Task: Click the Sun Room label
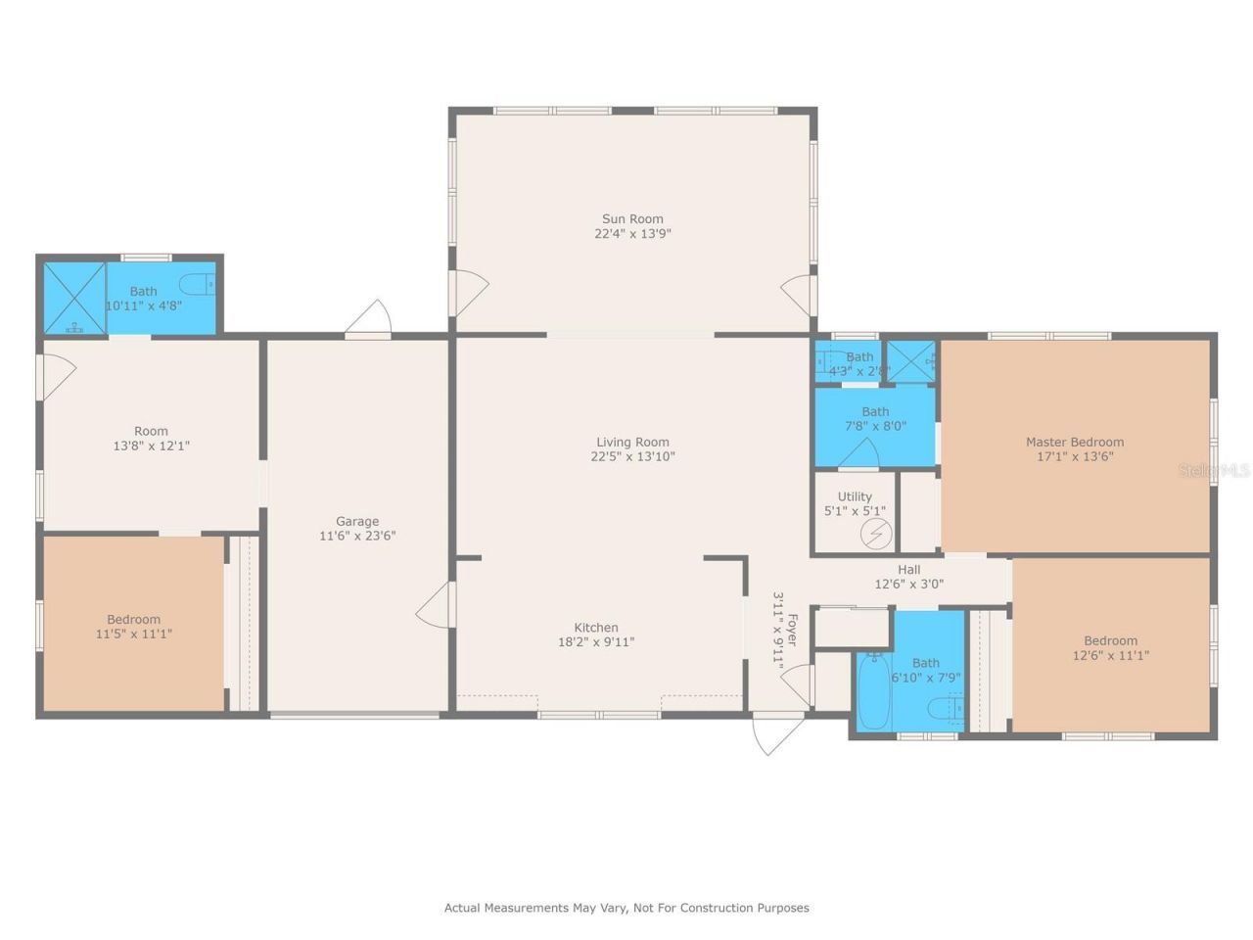tap(631, 219)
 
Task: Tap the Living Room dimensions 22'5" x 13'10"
tap(632, 456)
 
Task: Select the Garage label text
tap(356, 521)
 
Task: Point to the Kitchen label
tap(595, 628)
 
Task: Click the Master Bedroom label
tap(1074, 442)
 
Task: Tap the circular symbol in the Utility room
tap(876, 535)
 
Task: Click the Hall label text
tap(908, 570)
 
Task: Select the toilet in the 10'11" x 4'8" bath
tap(203, 284)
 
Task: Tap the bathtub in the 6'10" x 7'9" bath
tap(871, 690)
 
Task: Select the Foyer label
tap(792, 629)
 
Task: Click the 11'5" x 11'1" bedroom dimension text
tap(133, 634)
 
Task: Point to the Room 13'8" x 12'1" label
tap(151, 438)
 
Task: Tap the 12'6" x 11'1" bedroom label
tap(1110, 648)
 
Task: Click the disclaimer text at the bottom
tap(626, 908)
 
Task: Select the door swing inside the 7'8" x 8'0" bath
tap(859, 454)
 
